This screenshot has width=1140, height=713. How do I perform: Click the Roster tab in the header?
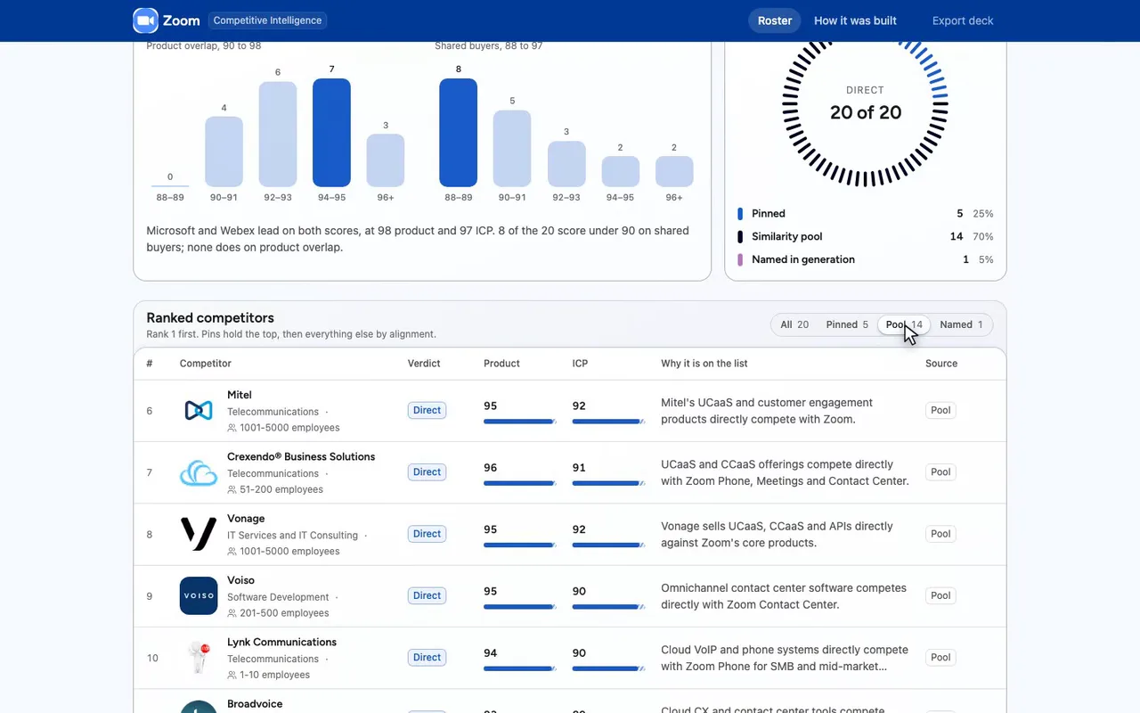774,20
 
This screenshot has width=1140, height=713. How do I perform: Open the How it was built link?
855,20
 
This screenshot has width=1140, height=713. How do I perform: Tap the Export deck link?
963,20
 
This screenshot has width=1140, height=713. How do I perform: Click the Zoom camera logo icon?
145,20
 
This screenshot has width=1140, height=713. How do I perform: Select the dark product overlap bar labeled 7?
331,133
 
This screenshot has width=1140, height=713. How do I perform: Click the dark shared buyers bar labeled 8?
458,133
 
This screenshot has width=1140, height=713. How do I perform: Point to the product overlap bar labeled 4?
224,152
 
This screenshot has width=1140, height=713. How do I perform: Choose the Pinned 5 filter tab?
847,324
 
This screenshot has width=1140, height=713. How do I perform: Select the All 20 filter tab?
794,324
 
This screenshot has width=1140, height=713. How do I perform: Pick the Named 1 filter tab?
961,324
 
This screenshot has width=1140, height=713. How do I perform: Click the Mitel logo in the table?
199,411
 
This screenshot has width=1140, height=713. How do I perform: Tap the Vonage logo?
199,534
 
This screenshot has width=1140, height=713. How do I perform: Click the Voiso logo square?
199,595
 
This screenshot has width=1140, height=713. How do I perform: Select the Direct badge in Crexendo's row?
427,472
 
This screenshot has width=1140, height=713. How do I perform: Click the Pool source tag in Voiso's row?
940,595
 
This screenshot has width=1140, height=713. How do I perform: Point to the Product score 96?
490,468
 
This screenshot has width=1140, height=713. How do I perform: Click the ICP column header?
580,363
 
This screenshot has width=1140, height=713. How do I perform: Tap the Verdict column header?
424,363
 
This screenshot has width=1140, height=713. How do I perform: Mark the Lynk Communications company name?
281,642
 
